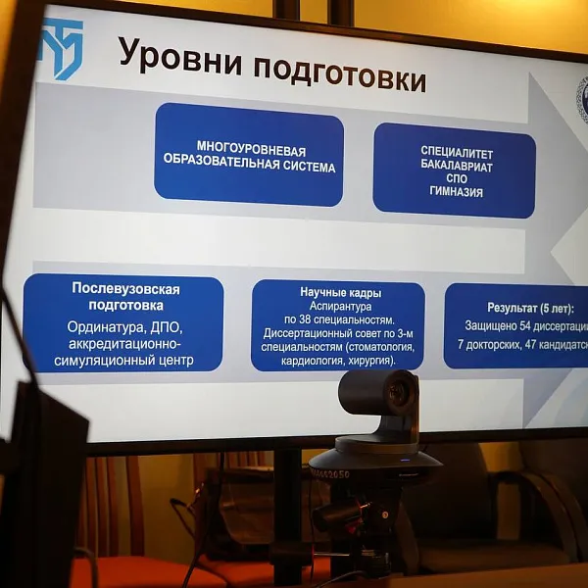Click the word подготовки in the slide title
click(x=339, y=71)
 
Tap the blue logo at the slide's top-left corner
click(x=61, y=48)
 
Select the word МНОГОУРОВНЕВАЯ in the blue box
click(x=251, y=151)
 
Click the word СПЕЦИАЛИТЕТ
click(x=457, y=153)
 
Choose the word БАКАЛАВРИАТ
click(x=457, y=167)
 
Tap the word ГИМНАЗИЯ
click(x=456, y=193)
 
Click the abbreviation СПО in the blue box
click(x=457, y=180)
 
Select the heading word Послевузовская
click(x=125, y=288)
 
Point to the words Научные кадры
click(x=340, y=292)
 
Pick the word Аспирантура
click(x=337, y=306)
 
